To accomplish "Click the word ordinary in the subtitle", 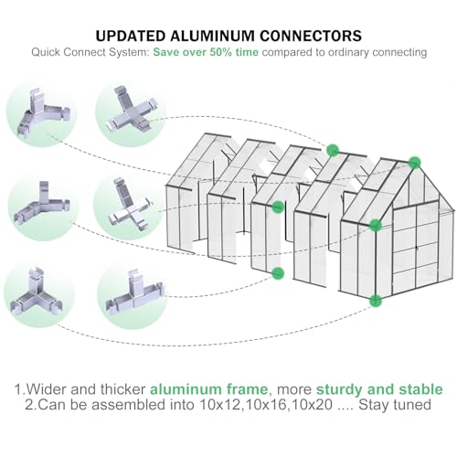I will [x=358, y=53].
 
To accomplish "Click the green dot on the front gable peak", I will [x=414, y=162].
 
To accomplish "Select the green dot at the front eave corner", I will [x=375, y=224].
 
